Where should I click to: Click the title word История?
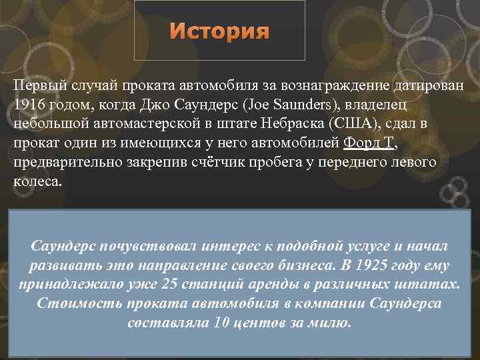(219, 32)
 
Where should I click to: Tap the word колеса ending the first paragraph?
(35, 181)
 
